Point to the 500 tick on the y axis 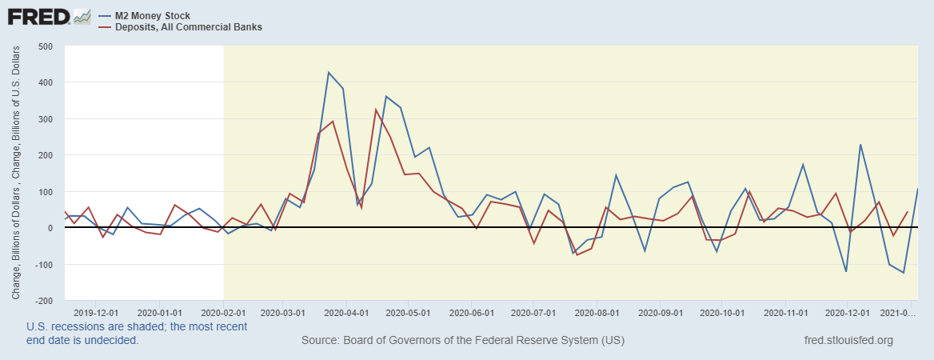tap(45, 46)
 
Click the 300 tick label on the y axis tap(45, 119)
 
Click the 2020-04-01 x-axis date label tap(347, 313)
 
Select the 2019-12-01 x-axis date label tap(96, 313)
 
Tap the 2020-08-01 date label tap(597, 313)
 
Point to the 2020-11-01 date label tap(785, 313)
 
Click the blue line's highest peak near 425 tap(329, 73)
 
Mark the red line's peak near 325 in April tap(376, 110)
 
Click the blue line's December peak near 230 tap(860, 145)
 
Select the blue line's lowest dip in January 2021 tap(904, 273)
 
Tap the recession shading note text tap(137, 333)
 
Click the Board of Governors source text tap(463, 341)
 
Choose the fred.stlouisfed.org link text tap(848, 341)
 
